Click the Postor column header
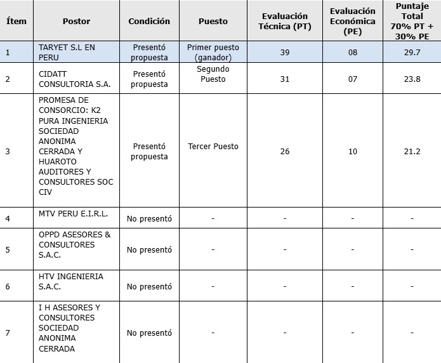pyautogui.click(x=76, y=21)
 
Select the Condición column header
pyautogui.click(x=149, y=21)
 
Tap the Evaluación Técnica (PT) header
pyautogui.click(x=285, y=21)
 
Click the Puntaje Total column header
pyautogui.click(x=412, y=21)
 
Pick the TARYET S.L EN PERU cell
pyautogui.click(x=67, y=52)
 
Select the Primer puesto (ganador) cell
pyautogui.click(x=213, y=52)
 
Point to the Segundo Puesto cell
pyautogui.click(x=213, y=74)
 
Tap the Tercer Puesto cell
pyautogui.click(x=213, y=146)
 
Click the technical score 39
pyautogui.click(x=285, y=52)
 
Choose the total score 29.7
pyautogui.click(x=412, y=52)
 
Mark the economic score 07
pyautogui.click(x=353, y=79)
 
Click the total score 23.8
pyautogui.click(x=412, y=79)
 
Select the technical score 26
pyautogui.click(x=285, y=151)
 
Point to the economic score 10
pyautogui.click(x=353, y=151)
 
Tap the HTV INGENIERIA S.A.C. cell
pyautogui.click(x=70, y=282)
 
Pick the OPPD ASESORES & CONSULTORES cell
pyautogui.click(x=74, y=244)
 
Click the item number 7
pyautogui.click(x=8, y=333)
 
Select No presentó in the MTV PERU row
pyautogui.click(x=149, y=218)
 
